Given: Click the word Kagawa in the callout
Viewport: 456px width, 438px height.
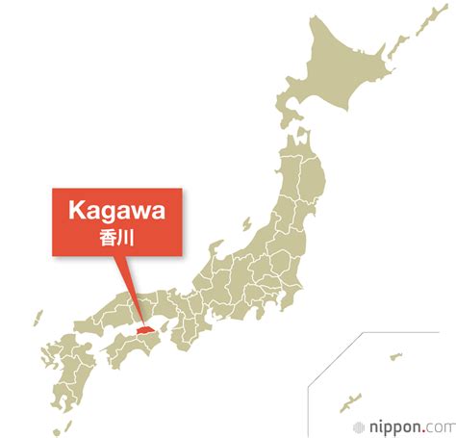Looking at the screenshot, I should coord(114,210).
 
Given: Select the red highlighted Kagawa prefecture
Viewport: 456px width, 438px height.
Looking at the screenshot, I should coord(144,329).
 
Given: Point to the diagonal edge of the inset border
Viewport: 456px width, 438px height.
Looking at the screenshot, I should coord(333,358).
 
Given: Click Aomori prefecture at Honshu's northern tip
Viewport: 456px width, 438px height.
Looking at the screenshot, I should coord(305,143).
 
